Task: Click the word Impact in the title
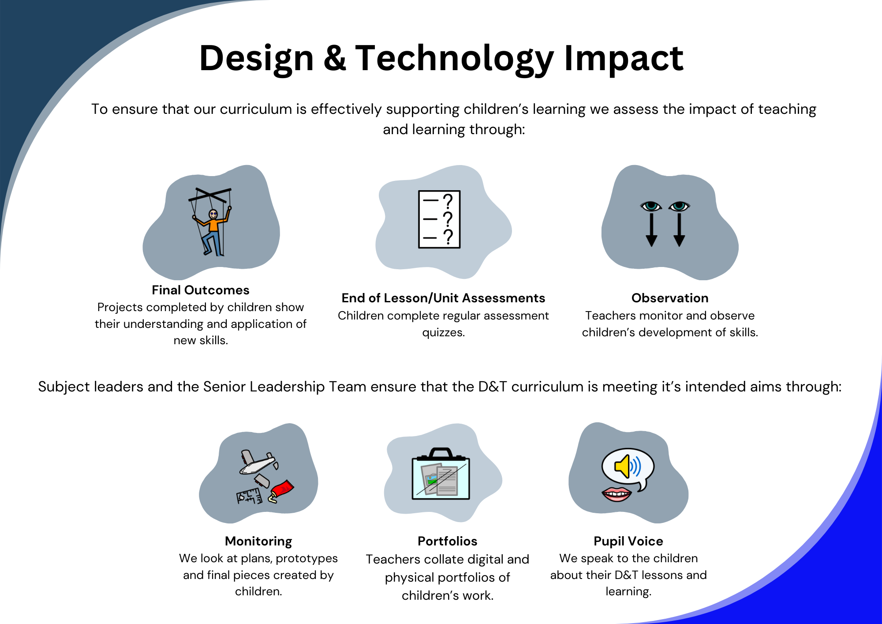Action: point(624,58)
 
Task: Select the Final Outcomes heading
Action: point(201,290)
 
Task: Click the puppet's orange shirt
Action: point(214,224)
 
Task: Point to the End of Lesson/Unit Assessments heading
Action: point(443,298)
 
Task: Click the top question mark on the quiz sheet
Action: point(448,201)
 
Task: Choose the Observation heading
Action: point(670,298)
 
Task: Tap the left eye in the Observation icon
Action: point(651,206)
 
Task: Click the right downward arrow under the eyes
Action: point(679,229)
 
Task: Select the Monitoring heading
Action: point(258,541)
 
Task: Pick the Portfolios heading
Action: point(448,541)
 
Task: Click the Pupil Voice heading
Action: point(628,541)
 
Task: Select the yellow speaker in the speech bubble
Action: point(623,466)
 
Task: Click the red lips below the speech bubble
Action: point(617,494)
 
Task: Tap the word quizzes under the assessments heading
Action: point(444,332)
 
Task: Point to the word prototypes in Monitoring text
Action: point(307,559)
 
